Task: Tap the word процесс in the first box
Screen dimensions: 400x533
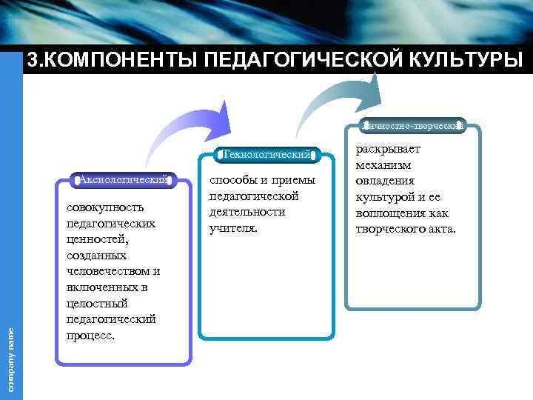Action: click(89, 335)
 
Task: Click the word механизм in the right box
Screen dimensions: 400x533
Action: click(383, 165)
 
